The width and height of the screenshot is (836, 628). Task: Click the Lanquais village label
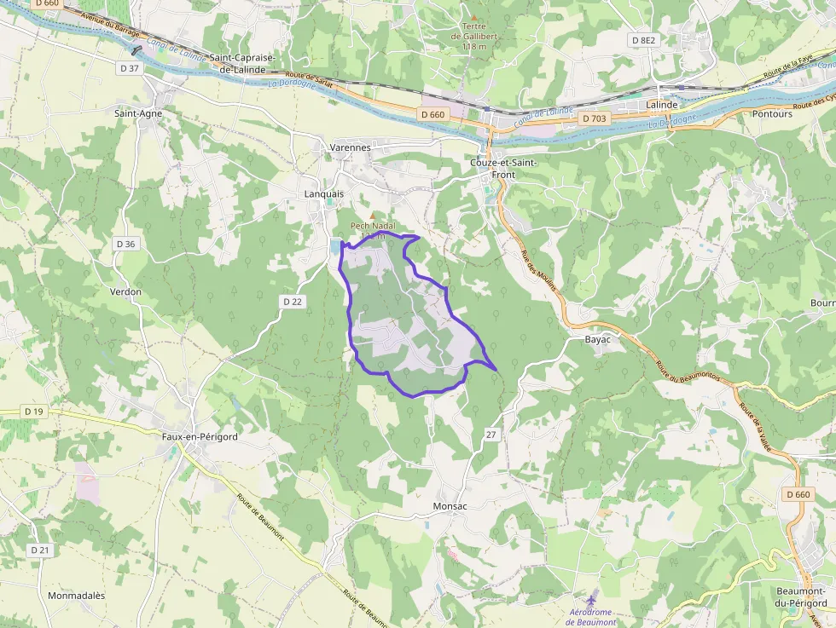[324, 193]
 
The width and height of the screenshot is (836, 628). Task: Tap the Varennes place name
[350, 147]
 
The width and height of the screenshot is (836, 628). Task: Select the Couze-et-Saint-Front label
[493, 168]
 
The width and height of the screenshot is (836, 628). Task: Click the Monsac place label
[450, 505]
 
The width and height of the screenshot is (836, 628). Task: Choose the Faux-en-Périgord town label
[200, 436]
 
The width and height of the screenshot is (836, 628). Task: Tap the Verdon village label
[125, 291]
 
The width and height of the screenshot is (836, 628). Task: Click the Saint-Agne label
[138, 112]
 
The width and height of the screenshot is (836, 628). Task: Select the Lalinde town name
[662, 105]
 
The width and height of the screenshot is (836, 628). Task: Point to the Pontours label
[772, 113]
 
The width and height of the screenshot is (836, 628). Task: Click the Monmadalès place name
[76, 596]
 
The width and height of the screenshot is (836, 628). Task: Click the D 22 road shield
[293, 302]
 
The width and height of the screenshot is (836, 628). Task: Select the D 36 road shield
[125, 244]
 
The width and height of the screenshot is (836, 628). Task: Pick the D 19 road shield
[33, 412]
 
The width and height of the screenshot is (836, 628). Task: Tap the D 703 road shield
[593, 118]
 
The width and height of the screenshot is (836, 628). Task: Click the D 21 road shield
[40, 550]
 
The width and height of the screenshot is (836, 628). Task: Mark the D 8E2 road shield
[644, 40]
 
